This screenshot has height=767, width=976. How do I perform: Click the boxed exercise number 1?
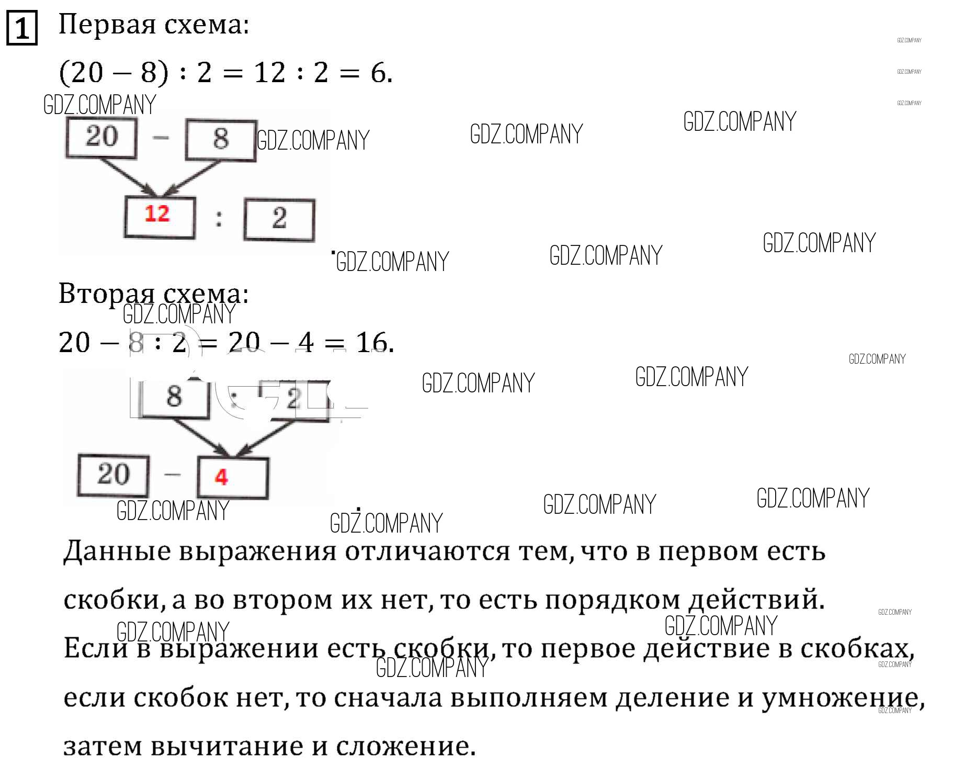[21, 28]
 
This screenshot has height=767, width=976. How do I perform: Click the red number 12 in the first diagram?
[157, 215]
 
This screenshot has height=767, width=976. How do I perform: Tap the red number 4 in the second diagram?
[221, 477]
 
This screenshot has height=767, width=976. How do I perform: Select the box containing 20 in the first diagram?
[101, 137]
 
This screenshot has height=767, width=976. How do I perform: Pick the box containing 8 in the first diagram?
[220, 139]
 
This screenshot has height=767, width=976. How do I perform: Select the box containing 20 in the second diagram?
[113, 475]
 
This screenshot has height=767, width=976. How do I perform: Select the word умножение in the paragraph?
[839, 698]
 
